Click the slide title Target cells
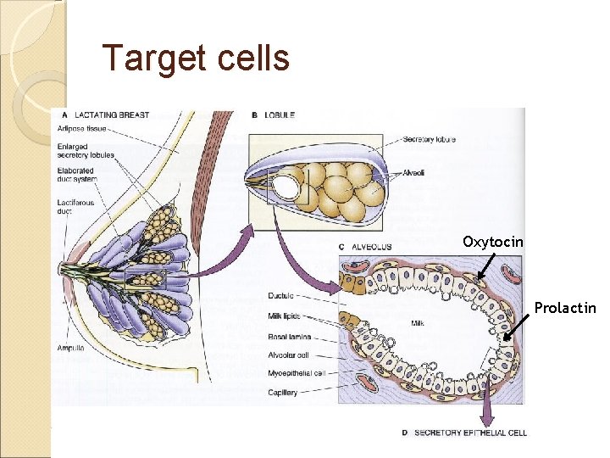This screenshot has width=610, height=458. tap(196, 59)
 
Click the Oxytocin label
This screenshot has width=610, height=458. tap(493, 242)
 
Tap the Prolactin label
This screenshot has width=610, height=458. tap(565, 308)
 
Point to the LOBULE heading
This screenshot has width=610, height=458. tap(279, 114)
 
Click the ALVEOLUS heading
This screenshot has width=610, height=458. tap(369, 247)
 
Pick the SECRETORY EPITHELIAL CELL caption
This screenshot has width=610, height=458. tap(470, 433)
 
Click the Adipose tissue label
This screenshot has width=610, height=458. tap(82, 129)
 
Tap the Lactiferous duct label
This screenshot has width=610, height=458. tap(77, 208)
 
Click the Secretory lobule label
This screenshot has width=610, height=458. tap(431, 139)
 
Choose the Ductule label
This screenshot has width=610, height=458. tap(280, 296)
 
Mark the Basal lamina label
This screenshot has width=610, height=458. tap(287, 337)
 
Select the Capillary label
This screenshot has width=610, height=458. tap(281, 391)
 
